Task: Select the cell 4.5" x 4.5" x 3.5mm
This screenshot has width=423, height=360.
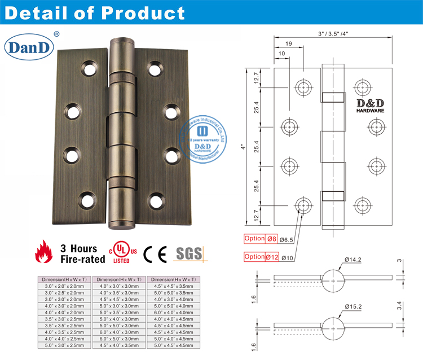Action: (x=174, y=287)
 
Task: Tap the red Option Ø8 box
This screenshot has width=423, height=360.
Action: (x=262, y=239)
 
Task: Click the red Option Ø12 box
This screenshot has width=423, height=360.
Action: (x=262, y=257)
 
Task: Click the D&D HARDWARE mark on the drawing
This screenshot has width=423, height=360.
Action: (x=370, y=106)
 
